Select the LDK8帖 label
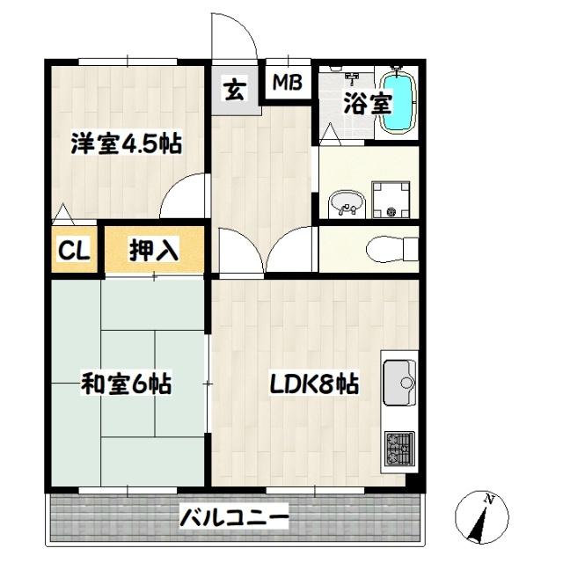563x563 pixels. pos(313,384)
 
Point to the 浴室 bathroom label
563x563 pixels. pos(367,104)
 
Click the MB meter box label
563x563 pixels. pos(287,84)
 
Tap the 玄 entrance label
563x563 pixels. pos(235,89)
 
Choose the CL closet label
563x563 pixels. pos(74,251)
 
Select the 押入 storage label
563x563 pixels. pos(155,251)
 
